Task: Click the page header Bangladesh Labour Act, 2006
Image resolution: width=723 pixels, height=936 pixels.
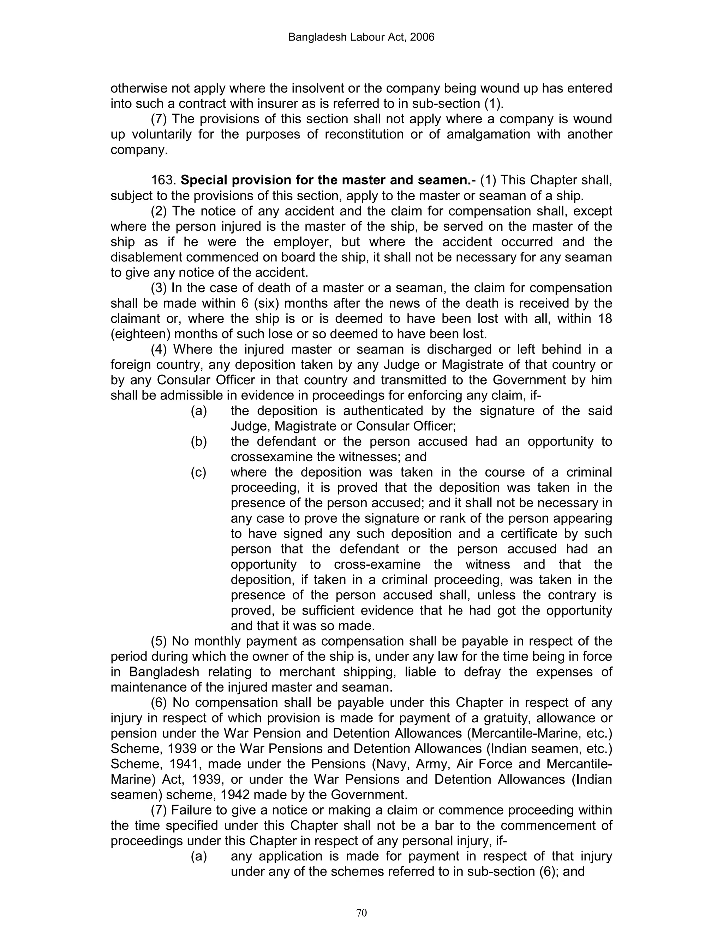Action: pyautogui.click(x=361, y=37)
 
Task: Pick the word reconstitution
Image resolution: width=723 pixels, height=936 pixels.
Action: pyautogui.click(x=364, y=135)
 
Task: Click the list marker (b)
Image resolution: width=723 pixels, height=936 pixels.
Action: pyautogui.click(x=199, y=442)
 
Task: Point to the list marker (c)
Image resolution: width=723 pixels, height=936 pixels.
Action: pyautogui.click(x=198, y=472)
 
